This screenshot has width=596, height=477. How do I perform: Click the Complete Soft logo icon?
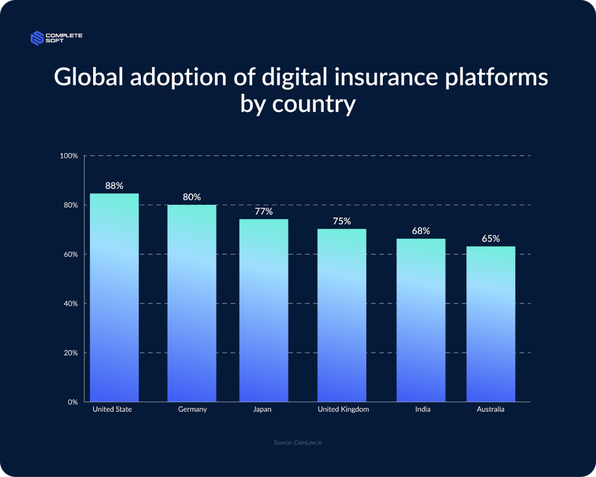[37, 38]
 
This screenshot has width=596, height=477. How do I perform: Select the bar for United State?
[115, 297]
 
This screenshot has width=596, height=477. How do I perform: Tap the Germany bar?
[192, 303]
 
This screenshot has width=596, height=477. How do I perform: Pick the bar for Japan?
[264, 310]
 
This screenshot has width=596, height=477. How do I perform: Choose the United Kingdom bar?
[342, 315]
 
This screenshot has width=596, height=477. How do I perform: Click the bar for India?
[421, 320]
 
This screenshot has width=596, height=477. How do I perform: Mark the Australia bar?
[491, 324]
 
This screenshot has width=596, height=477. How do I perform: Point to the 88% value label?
[115, 186]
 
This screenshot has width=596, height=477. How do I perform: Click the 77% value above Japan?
[264, 211]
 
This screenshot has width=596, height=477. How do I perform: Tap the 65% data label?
[491, 238]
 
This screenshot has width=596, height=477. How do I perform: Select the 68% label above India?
[421, 231]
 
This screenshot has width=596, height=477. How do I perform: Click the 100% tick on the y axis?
[69, 156]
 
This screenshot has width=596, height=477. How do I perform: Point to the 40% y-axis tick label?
[70, 304]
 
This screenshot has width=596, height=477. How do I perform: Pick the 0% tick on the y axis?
[73, 402]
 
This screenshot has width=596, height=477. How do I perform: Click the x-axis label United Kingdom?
[343, 410]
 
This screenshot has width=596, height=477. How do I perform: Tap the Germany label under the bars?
[192, 410]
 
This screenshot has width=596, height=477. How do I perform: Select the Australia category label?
[491, 410]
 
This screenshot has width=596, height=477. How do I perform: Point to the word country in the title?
[314, 104]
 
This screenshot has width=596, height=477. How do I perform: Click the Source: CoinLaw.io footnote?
[298, 443]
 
